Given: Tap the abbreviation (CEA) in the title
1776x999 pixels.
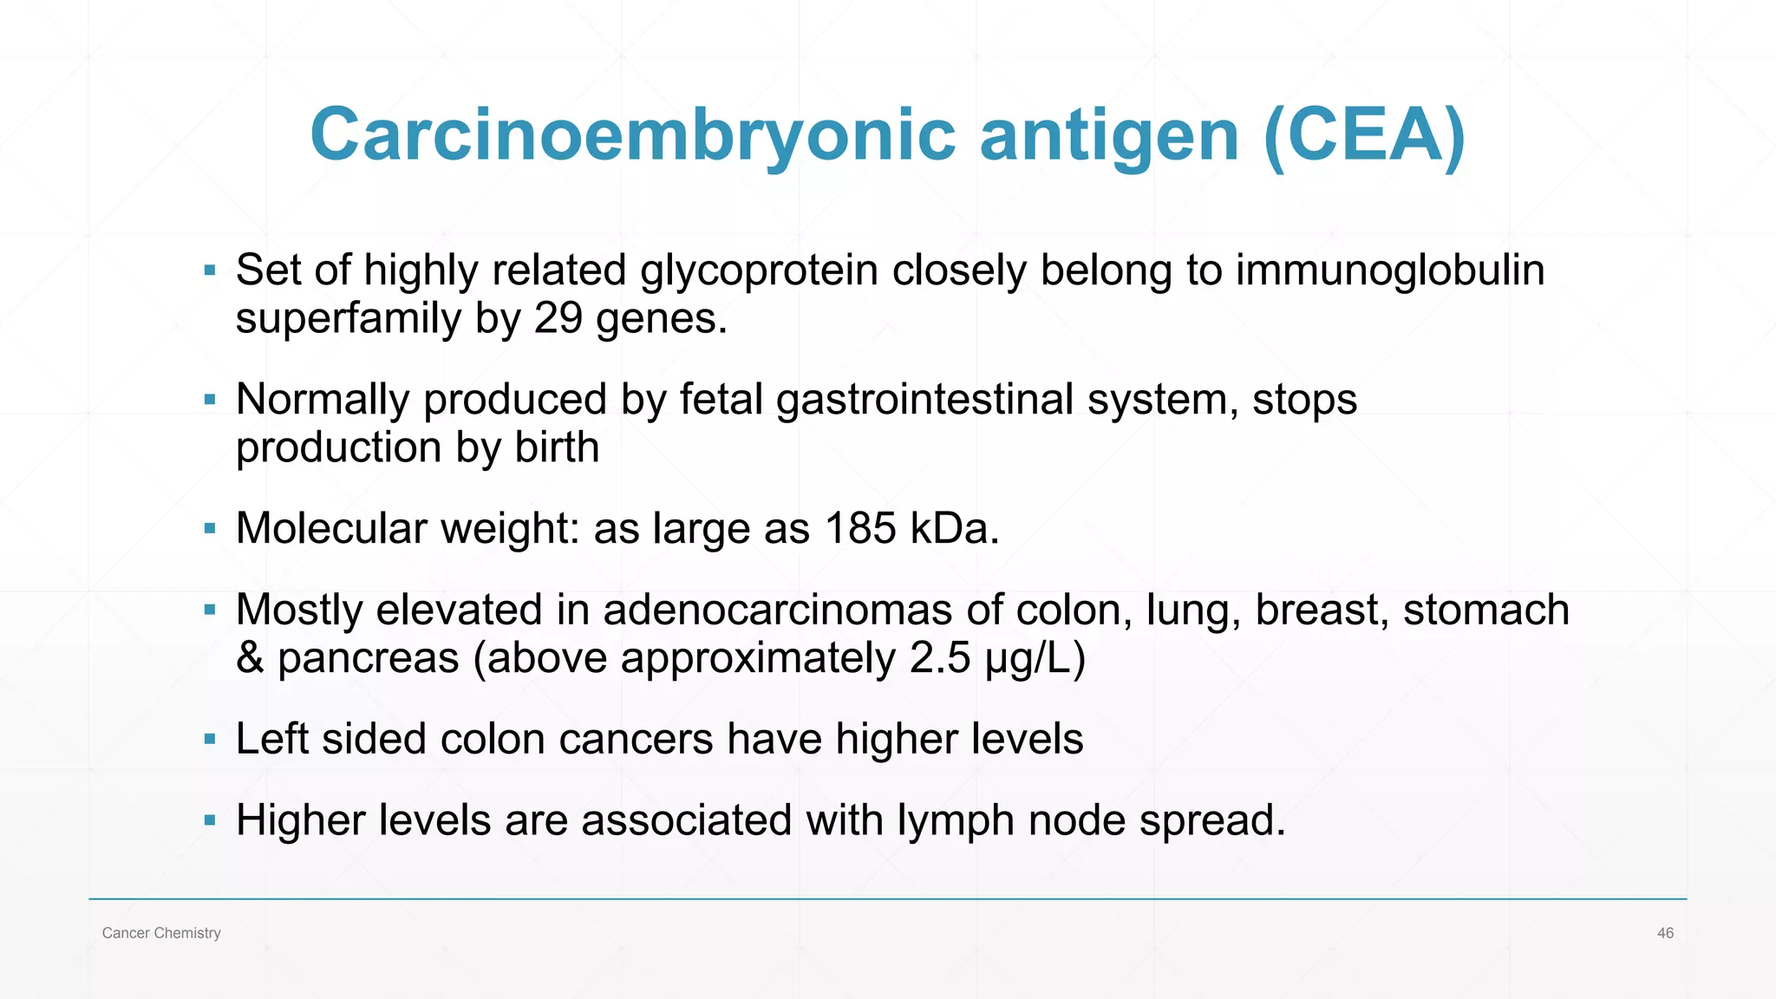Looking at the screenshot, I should (1364, 136).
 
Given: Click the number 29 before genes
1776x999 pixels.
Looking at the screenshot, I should (558, 318).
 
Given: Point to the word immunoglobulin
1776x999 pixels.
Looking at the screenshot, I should (1390, 271).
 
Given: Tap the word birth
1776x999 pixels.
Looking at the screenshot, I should (557, 447).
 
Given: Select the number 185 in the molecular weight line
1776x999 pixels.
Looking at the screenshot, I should (860, 528).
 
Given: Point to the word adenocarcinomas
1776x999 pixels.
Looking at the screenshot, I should (778, 610).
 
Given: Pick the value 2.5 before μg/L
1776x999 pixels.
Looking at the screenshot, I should (940, 658).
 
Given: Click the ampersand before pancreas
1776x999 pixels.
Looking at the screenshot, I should (250, 658).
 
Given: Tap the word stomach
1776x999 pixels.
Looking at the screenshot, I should (1485, 610).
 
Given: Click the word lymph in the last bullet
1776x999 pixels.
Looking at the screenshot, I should (956, 821).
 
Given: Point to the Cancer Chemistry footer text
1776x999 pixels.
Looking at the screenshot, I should (161, 933).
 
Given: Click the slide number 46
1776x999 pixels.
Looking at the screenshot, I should (1665, 933).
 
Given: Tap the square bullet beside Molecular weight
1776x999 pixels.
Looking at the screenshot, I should (210, 528).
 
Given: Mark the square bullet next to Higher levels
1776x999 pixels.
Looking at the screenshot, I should (210, 819).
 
